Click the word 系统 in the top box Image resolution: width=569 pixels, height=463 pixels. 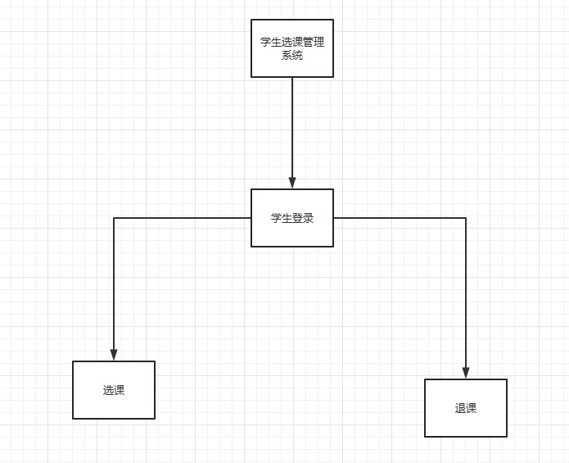point(292,56)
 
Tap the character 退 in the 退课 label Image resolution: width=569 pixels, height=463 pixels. point(460,408)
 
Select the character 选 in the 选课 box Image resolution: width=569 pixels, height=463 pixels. point(108,390)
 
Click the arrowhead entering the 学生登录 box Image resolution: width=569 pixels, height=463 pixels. point(292,183)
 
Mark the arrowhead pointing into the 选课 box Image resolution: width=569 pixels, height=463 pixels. point(114,355)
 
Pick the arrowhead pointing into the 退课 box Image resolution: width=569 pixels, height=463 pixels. point(466,373)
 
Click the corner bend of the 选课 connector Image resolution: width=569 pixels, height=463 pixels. point(114,218)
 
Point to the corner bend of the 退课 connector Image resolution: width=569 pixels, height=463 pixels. point(466,218)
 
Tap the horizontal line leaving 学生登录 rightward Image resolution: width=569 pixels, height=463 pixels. point(401,218)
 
